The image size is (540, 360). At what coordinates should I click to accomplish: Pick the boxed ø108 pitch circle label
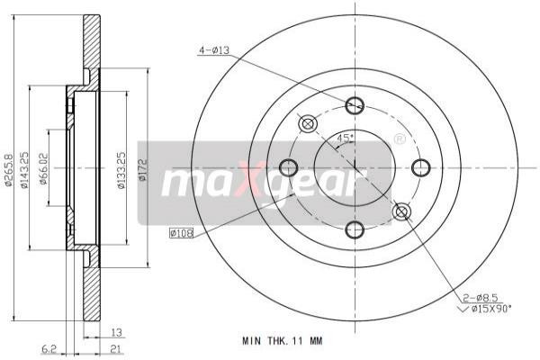click(181, 233)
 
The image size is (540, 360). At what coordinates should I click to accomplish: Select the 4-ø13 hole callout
click(213, 51)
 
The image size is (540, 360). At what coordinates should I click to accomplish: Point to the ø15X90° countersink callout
click(487, 309)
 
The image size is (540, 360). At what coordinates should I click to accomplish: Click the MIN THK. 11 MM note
click(282, 341)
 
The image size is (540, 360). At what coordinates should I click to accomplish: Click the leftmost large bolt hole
click(288, 167)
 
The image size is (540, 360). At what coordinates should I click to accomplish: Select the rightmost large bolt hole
click(420, 167)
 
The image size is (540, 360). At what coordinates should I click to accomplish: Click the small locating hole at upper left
click(308, 123)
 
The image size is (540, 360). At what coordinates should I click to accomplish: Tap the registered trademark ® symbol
click(399, 139)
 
